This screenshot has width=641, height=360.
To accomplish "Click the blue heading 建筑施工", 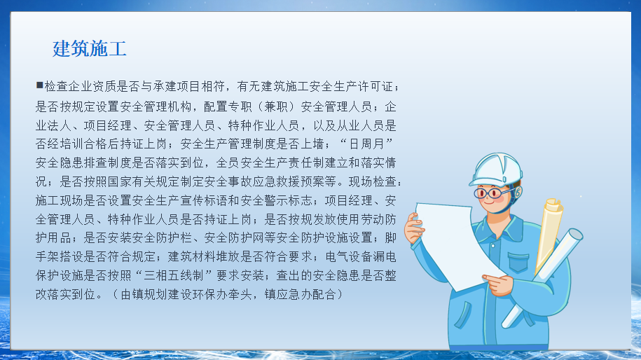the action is (90, 48).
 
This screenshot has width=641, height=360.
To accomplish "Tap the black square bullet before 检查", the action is (40, 85).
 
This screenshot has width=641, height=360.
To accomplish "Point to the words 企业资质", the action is (92, 87).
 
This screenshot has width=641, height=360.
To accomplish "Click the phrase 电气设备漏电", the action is (361, 257).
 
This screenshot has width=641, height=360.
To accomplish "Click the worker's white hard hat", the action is (496, 169).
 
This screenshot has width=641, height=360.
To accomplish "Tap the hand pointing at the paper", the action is (499, 284).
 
